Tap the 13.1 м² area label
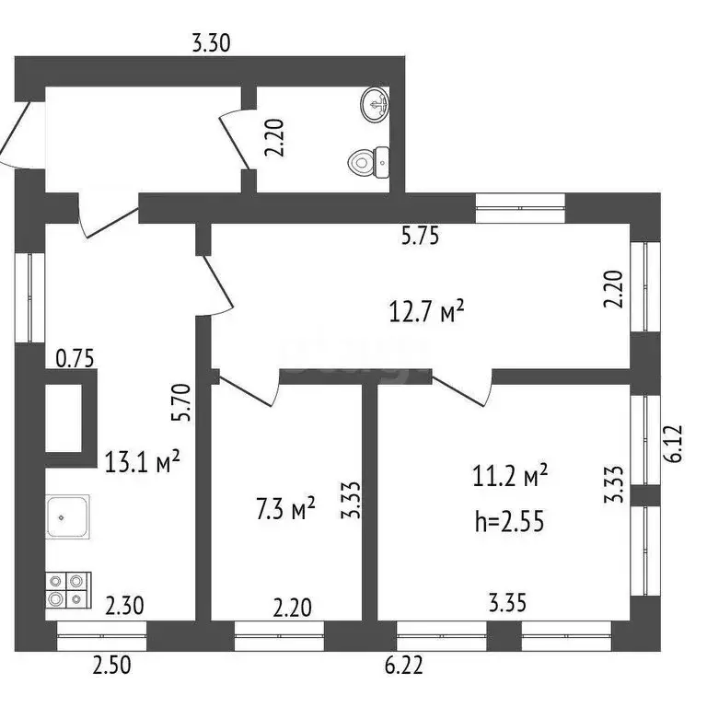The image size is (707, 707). click(x=142, y=460)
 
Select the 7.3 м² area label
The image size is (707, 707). click(x=284, y=507)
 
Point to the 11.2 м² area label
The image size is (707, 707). click(x=509, y=477)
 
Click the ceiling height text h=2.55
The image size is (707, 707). click(x=508, y=521)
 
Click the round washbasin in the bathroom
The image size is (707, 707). click(x=375, y=104)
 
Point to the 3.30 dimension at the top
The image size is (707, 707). click(x=210, y=41)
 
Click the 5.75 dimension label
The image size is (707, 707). click(x=420, y=236)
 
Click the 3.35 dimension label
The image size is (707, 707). click(x=507, y=605)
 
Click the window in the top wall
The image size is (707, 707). click(x=520, y=208)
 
